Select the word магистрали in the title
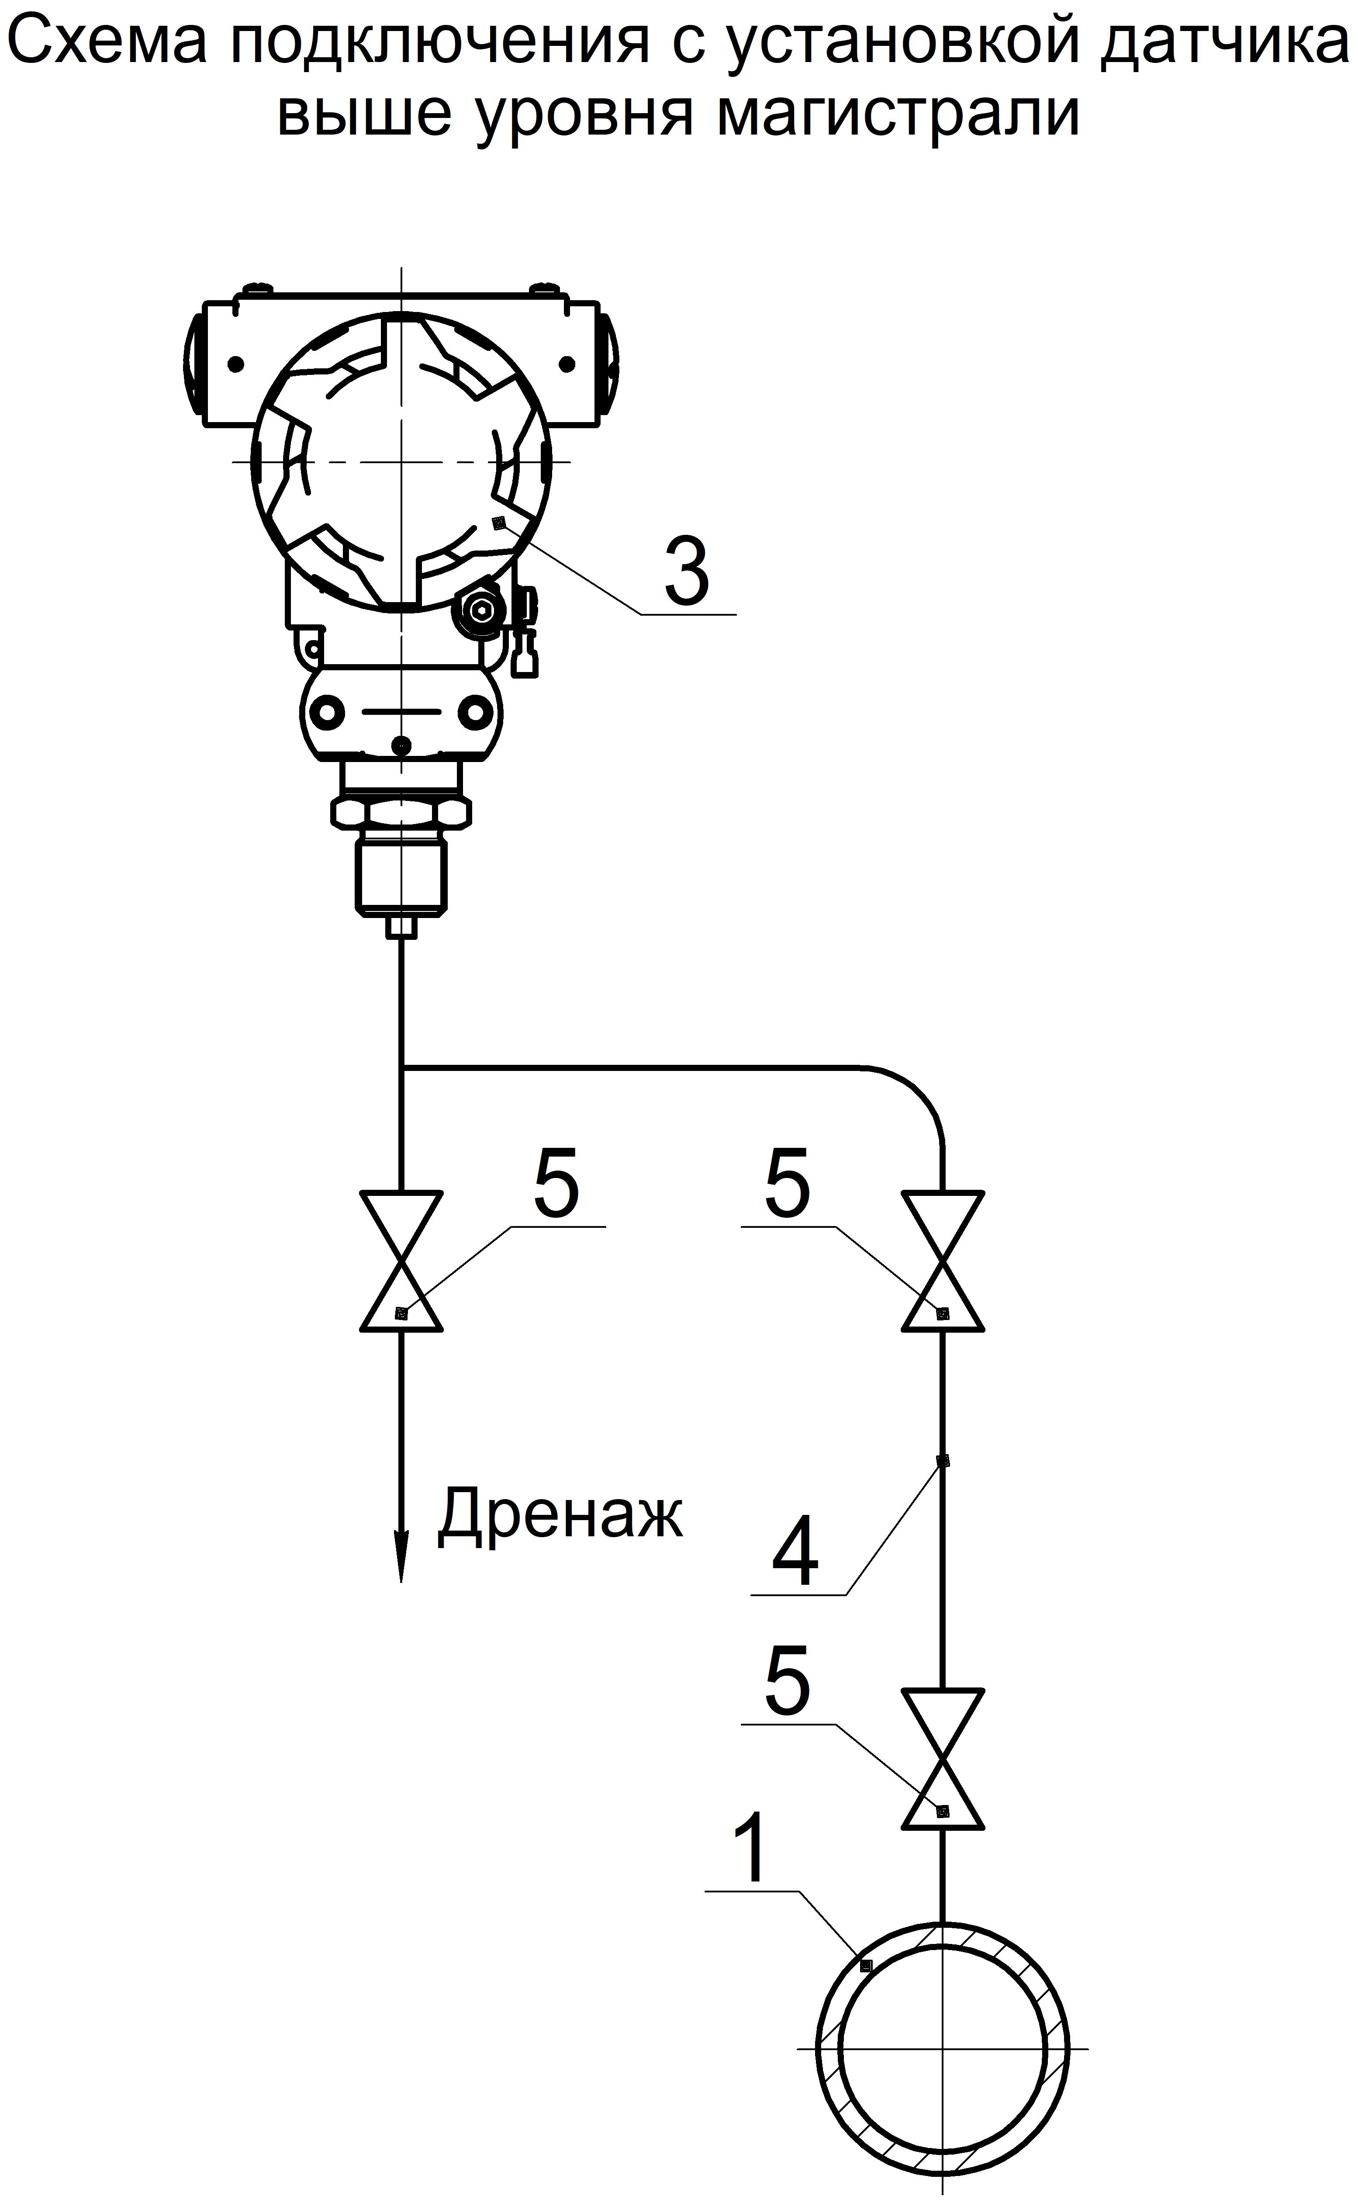click(x=898, y=114)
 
